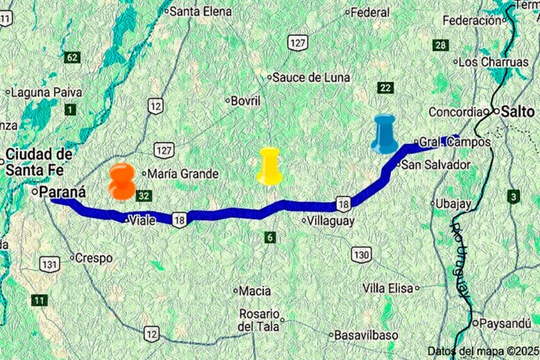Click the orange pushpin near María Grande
click(122, 181)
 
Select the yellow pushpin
click(269, 167)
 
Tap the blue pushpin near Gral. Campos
click(385, 134)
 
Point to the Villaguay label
click(328, 220)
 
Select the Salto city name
click(519, 111)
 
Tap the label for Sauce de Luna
click(311, 77)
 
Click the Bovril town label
click(245, 101)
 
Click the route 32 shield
click(144, 195)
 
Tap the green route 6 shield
click(270, 237)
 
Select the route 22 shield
click(385, 87)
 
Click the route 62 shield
click(72, 57)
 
